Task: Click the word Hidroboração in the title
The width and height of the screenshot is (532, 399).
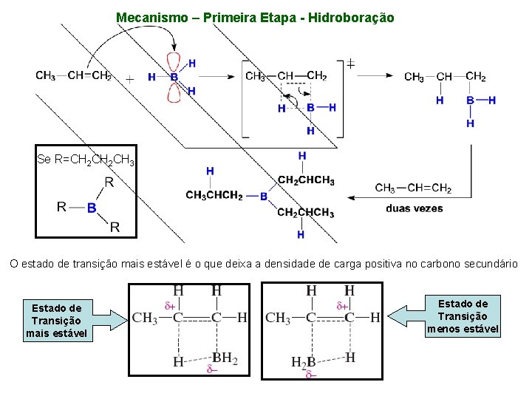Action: [349, 17]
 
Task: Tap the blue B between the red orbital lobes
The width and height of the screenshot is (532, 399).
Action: [174, 76]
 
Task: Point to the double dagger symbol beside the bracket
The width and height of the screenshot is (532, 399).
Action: [350, 64]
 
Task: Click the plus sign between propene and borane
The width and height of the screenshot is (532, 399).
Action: [129, 78]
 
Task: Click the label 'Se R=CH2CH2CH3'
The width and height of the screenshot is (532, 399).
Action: [86, 160]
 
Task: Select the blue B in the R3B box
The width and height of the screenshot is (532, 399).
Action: [92, 208]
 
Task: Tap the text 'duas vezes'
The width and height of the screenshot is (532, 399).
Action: [415, 208]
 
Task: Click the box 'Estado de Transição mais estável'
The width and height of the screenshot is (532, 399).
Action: [57, 321]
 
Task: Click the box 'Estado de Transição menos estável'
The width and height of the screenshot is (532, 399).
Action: [463, 316]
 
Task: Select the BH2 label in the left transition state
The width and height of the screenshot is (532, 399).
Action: [224, 359]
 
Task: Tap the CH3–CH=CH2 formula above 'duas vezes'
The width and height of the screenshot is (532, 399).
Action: [413, 188]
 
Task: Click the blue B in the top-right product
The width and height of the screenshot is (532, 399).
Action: [470, 100]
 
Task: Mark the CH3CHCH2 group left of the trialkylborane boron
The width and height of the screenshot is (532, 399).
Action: [214, 196]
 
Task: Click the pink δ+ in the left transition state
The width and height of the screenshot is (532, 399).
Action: [170, 304]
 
